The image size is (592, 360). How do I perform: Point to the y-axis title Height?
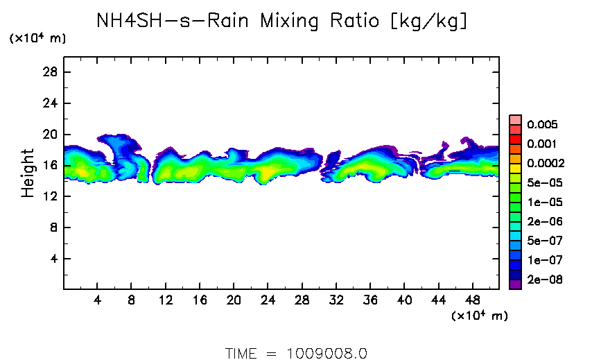pyautogui.click(x=28, y=173)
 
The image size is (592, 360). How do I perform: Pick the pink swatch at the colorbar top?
pyautogui.click(x=515, y=119)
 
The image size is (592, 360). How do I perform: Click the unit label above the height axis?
pyautogui.click(x=37, y=39)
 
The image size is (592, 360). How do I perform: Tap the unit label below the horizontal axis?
pyautogui.click(x=480, y=316)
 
